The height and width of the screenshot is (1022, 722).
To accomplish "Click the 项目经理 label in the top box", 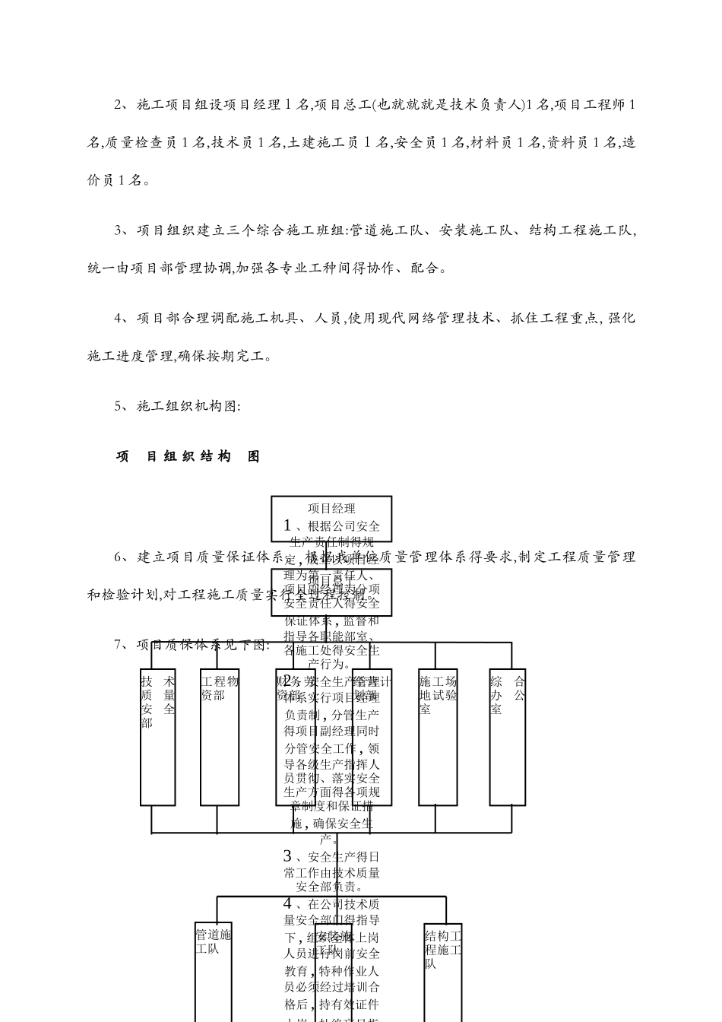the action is [x=331, y=508].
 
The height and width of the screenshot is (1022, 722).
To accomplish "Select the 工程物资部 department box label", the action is [x=219, y=687].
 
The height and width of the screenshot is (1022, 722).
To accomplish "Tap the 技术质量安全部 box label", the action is [x=157, y=702].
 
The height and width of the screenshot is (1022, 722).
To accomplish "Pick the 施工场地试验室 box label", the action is [x=438, y=694].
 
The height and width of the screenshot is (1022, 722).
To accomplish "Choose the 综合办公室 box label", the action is [x=507, y=694].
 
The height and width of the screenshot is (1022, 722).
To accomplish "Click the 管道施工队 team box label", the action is [x=213, y=941].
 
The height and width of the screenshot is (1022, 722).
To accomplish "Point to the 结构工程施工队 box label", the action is [x=442, y=950].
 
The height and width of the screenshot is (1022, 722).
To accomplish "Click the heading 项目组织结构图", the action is [x=188, y=456].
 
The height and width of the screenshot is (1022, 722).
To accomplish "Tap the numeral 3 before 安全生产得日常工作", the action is [x=287, y=856].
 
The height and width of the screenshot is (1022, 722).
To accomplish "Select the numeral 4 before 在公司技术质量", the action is [x=287, y=903].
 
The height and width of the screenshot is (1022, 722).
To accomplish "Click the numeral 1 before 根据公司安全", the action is [x=287, y=525].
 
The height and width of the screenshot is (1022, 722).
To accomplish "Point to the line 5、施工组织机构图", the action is [x=177, y=406].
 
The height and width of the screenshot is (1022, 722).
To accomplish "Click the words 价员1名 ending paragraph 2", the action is [x=116, y=180].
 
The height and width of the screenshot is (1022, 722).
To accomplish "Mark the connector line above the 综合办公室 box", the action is [x=511, y=655].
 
